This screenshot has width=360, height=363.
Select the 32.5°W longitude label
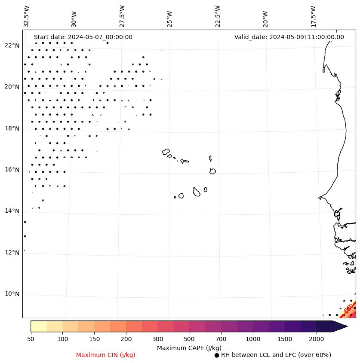[27, 16]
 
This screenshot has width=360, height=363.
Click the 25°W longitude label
[169, 18]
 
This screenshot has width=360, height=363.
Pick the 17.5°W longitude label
[313, 16]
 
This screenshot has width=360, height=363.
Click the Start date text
[83, 37]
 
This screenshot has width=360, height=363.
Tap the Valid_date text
[289, 37]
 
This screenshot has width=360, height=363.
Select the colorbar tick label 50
[31, 339]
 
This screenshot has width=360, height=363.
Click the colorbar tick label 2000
[317, 339]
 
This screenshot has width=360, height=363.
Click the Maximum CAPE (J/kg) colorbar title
[189, 348]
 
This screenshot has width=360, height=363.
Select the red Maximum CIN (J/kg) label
[106, 355]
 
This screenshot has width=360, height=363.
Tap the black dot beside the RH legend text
[217, 355]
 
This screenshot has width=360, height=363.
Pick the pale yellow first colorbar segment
[38, 326]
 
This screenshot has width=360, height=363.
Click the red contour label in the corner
[348, 308]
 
